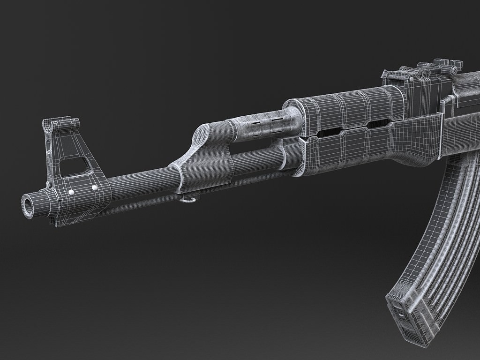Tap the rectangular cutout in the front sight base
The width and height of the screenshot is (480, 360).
[72, 166]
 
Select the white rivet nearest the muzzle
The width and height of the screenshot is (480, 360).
[71, 192]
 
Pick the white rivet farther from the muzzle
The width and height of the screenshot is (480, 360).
[95, 187]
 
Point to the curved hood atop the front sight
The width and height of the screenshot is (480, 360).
[61, 125]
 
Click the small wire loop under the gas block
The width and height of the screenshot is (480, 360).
[187, 201]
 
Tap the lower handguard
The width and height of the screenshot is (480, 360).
[356, 150]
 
